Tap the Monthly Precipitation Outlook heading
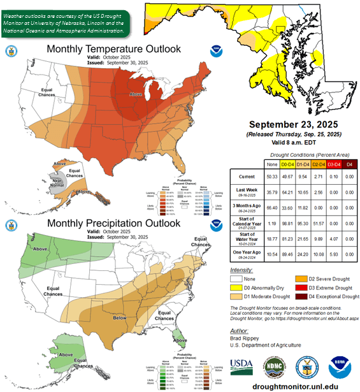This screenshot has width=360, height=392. [x=105, y=224]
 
